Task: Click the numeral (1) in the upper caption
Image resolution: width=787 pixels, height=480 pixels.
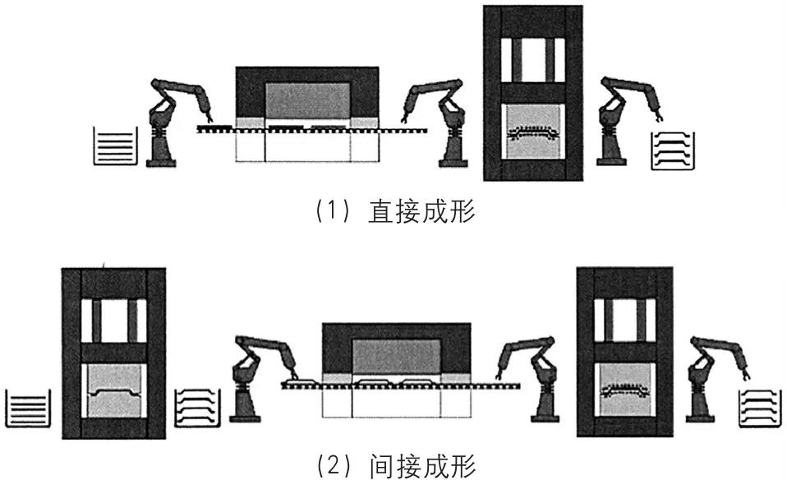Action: (x=328, y=212)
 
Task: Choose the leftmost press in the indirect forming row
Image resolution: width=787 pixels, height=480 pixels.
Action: (x=113, y=353)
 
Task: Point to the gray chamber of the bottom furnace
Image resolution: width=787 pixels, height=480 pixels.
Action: (x=395, y=358)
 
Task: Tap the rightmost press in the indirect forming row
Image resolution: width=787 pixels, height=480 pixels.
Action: (x=625, y=353)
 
